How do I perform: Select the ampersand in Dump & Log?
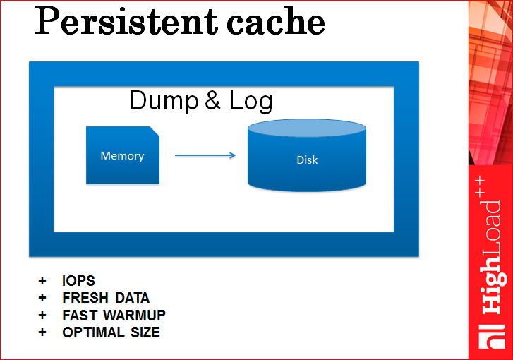pyautogui.click(x=212, y=102)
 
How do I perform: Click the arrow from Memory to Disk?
pyautogui.click(x=205, y=155)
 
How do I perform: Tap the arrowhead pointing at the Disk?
pyautogui.click(x=232, y=155)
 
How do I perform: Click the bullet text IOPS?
pyautogui.click(x=78, y=281)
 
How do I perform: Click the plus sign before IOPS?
pyautogui.click(x=42, y=281)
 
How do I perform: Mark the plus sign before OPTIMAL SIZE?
pyautogui.click(x=42, y=332)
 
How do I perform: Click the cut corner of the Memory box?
pyautogui.click(x=155, y=131)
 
